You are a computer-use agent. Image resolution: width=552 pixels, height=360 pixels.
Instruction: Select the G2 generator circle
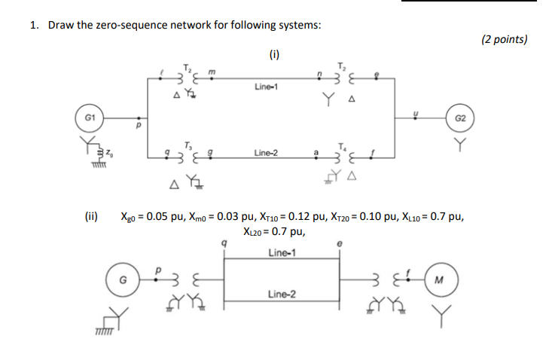(x=461, y=118)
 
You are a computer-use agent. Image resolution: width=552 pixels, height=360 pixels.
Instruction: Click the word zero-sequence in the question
(x=148, y=25)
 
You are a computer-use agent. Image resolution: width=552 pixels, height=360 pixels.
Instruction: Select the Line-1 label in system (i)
(x=267, y=87)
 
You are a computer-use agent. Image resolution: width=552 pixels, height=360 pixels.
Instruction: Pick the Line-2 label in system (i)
(x=267, y=152)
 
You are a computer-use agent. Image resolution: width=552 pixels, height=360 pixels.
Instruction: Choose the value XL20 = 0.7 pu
(x=274, y=233)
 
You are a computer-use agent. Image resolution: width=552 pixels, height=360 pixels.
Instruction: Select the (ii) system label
(x=90, y=217)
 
